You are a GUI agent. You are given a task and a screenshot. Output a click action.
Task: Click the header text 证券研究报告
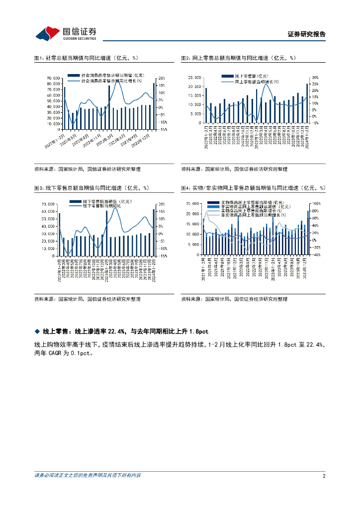[x=307, y=35]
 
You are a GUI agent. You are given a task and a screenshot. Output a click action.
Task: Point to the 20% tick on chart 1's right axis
[x=162, y=78]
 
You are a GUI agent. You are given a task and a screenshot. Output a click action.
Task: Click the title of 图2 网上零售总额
[x=238, y=59]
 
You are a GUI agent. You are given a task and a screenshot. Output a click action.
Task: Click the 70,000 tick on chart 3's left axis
[x=47, y=204]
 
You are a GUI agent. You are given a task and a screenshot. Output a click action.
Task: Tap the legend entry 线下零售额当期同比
[x=102, y=205]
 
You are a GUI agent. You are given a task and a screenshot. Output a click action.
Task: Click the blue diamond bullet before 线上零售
[x=37, y=331]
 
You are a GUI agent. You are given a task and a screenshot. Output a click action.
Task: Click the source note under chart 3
[x=87, y=299]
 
